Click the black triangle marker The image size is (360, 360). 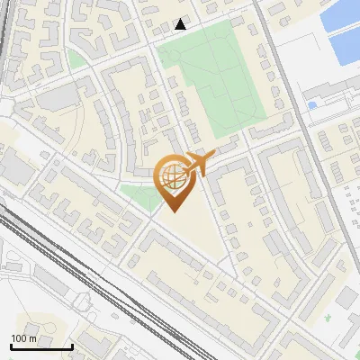tap(181, 23)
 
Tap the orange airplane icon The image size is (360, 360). tap(199, 163)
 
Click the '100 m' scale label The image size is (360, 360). tap(23, 338)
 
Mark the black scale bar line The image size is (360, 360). tap(41, 346)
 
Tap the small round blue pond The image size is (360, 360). tap(312, 105)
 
